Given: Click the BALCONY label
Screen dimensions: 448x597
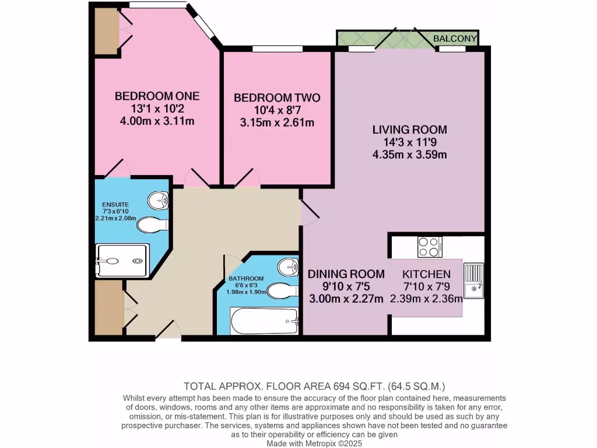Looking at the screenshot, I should [x=455, y=39].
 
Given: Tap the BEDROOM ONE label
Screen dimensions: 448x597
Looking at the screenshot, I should [x=157, y=96].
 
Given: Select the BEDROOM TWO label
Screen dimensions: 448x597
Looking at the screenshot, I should [x=277, y=98].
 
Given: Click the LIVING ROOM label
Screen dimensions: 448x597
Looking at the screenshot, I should [x=410, y=129].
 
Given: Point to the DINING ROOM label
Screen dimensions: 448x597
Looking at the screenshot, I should [x=346, y=274].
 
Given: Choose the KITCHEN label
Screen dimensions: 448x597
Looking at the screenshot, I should [x=426, y=274].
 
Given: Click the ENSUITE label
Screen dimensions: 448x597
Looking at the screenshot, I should [x=115, y=205].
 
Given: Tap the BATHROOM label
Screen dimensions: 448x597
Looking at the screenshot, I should [x=246, y=279].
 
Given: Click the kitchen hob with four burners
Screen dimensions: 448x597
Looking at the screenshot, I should [x=430, y=247].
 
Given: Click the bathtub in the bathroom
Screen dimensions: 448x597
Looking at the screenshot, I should [x=265, y=320].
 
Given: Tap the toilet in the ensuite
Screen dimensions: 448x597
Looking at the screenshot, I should [x=156, y=225].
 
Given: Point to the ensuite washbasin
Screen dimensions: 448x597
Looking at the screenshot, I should [x=159, y=201].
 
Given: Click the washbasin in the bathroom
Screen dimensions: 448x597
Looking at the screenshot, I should [x=288, y=268].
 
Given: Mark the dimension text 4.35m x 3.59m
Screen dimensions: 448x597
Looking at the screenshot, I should [x=410, y=155].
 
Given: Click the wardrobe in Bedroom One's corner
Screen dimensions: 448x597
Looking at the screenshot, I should [x=106, y=30].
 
